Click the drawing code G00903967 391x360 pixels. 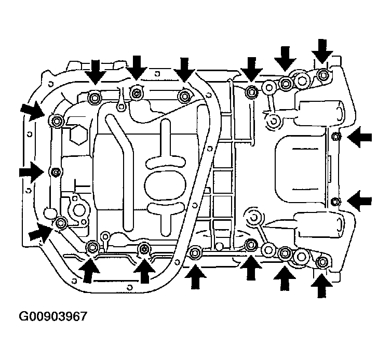click(53, 316)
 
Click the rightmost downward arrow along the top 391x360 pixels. click(322, 51)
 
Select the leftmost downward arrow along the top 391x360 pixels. click(95, 71)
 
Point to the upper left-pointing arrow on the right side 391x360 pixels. click(359, 137)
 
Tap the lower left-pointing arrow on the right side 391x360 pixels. click(359, 201)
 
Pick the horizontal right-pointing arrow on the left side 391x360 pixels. click(32, 172)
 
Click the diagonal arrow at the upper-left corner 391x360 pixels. click(33, 111)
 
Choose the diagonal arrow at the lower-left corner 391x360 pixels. click(41, 233)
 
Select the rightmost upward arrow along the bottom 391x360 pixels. click(321, 286)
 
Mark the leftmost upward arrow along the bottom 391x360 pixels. click(89, 271)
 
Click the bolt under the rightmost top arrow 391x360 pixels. click(323, 75)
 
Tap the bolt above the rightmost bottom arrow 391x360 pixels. click(322, 262)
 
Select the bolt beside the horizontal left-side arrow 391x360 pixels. click(56, 172)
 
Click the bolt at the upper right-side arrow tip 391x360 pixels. click(336, 136)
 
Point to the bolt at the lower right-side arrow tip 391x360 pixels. click(335, 202)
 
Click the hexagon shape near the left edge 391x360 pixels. click(78, 135)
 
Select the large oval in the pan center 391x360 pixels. click(165, 185)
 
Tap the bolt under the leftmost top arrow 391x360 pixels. click(95, 98)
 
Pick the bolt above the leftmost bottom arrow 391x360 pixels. click(92, 247)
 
